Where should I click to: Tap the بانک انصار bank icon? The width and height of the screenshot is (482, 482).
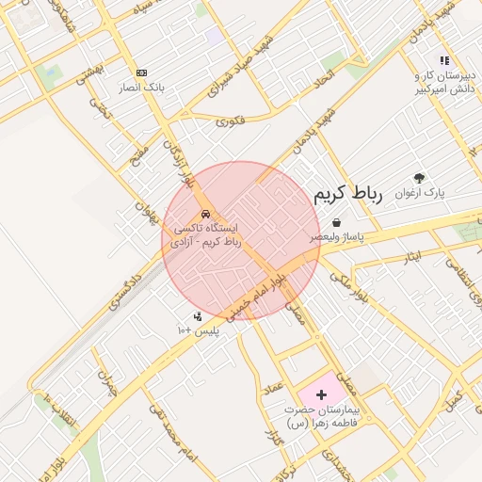pos(142,72)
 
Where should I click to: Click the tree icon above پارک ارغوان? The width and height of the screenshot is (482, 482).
pos(419,178)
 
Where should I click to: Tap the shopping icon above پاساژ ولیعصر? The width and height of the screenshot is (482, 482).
pos(336,223)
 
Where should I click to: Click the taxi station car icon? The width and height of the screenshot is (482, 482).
pos(206,214)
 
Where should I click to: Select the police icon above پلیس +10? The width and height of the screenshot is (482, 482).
pos(198,317)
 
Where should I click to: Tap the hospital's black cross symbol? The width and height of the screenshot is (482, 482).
pos(323,394)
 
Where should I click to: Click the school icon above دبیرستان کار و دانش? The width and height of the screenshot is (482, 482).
pos(418,61)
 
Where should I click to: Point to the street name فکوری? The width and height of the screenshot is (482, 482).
pos(230,120)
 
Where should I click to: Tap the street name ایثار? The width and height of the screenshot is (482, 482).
pos(411,255)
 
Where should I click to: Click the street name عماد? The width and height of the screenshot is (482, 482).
pos(273,388)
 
